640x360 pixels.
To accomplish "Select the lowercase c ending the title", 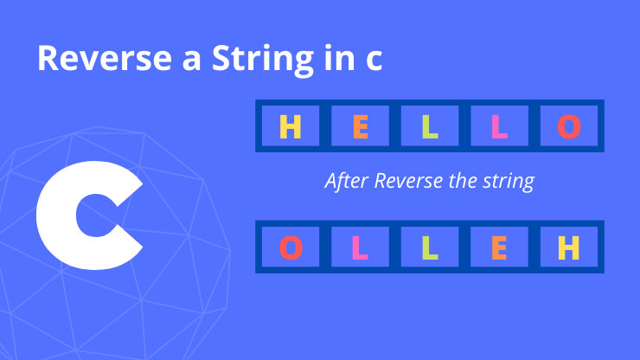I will pyautogui.click(x=371, y=60).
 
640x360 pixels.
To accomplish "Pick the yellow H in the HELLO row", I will pyautogui.click(x=291, y=126).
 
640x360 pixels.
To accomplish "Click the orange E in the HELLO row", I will pyautogui.click(x=361, y=126).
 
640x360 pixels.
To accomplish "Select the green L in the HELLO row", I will pyautogui.click(x=430, y=126).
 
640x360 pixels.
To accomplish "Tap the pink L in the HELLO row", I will pyautogui.click(x=499, y=126).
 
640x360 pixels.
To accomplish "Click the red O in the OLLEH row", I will pyautogui.click(x=291, y=247).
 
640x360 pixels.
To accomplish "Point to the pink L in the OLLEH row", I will pyautogui.click(x=361, y=247).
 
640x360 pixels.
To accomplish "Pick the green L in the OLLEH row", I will pyautogui.click(x=430, y=247).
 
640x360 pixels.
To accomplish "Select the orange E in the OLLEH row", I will pyautogui.click(x=499, y=247).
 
